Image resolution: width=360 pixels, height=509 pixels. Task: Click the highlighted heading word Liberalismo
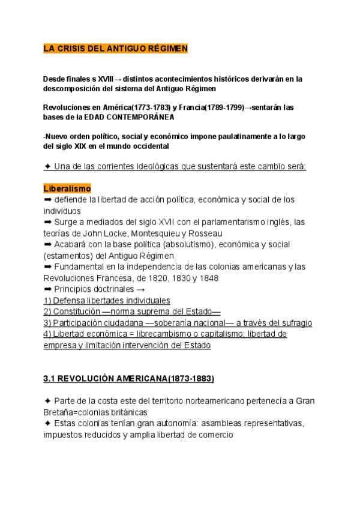coord(67,188)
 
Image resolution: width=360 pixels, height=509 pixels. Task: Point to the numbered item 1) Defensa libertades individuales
coord(107,300)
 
